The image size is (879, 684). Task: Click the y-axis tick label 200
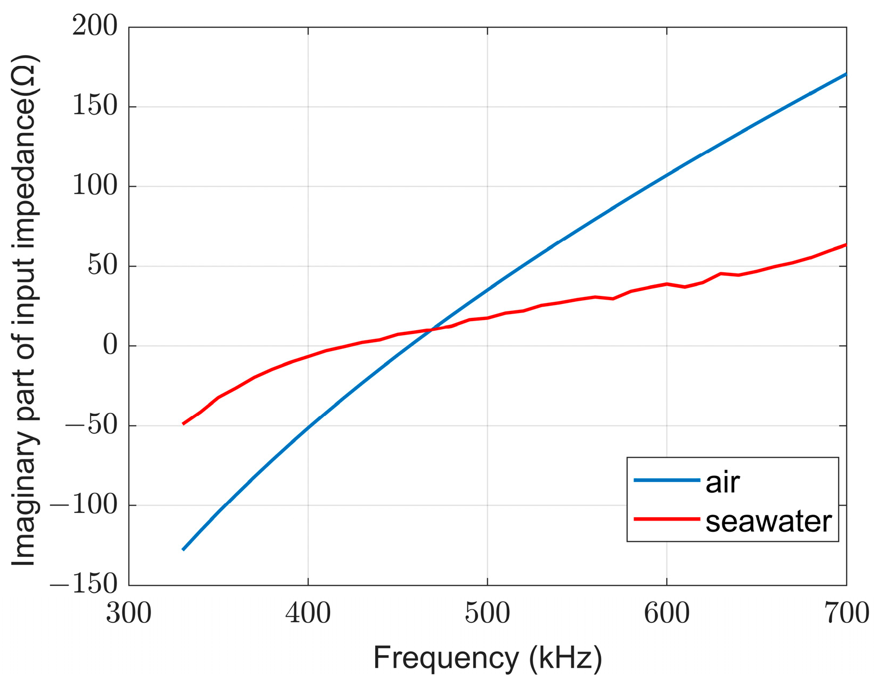click(x=95, y=26)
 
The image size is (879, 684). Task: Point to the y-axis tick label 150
click(x=95, y=106)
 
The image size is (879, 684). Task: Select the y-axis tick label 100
click(x=95, y=186)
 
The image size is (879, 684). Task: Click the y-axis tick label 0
click(x=110, y=346)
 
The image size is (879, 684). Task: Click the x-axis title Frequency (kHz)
click(x=487, y=658)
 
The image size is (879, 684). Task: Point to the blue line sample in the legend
click(x=667, y=480)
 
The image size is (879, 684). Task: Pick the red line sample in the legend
click(x=667, y=519)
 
